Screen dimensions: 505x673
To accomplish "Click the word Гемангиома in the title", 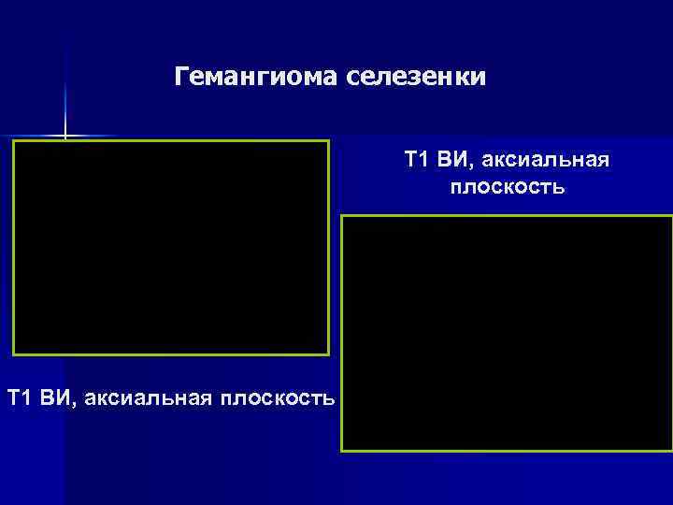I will pos(258,77).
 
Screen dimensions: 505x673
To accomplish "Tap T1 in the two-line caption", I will pos(417,160).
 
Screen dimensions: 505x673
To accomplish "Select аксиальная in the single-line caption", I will pos(147,398).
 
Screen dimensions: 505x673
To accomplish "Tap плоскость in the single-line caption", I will pos(276,398).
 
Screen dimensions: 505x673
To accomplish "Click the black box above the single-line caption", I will pos(170,248).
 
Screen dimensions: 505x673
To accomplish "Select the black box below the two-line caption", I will pos(507,334).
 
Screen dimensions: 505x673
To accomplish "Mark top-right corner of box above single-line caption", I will pos(328,141).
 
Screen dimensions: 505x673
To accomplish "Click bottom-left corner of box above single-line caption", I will pos(13,354).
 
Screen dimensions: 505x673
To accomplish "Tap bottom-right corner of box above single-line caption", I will pos(328,354).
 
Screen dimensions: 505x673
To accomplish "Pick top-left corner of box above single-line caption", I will pos(13,141).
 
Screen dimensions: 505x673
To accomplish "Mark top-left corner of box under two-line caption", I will pos(342,216).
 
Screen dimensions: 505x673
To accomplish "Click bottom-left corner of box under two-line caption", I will pos(342,452).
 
